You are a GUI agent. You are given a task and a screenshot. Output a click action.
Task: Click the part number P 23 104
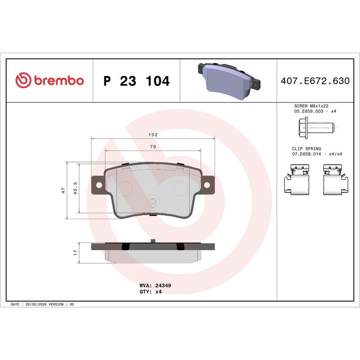point(136,81)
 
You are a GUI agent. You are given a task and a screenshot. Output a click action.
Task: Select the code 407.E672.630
point(315,81)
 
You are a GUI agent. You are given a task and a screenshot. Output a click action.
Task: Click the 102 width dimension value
point(153,135)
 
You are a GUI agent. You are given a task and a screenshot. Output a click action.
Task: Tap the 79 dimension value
point(153,147)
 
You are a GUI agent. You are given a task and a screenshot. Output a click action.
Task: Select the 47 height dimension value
point(63,190)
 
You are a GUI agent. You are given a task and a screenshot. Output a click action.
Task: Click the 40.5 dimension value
point(75,188)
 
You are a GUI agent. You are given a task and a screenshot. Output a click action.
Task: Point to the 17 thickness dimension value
point(76,252)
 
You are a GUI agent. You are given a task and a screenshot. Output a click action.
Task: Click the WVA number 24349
point(163,285)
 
